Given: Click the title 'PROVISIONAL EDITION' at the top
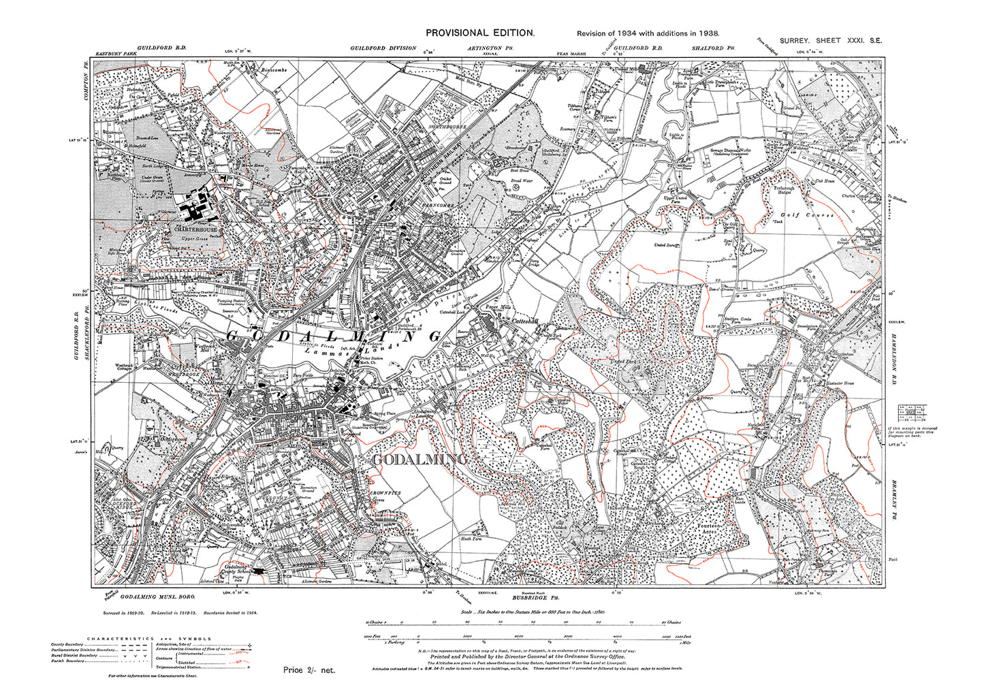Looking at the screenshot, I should pyautogui.click(x=479, y=33).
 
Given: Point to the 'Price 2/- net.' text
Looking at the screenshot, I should pyautogui.click(x=309, y=670).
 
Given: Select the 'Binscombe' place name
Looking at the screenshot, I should pyautogui.click(x=276, y=69).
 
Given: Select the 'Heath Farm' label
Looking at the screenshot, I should pyautogui.click(x=472, y=538).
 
